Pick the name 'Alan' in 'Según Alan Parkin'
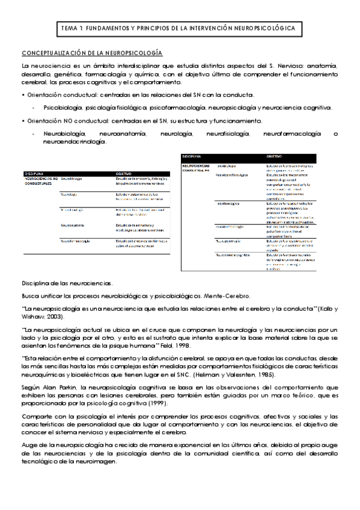[47, 388]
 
